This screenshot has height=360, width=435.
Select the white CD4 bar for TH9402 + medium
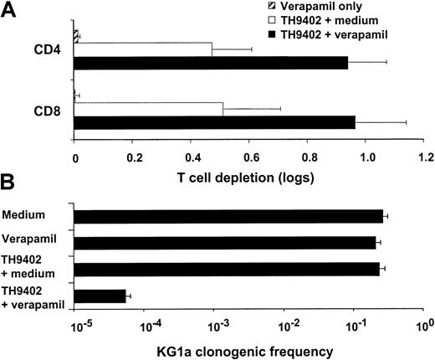(x=142, y=49)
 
